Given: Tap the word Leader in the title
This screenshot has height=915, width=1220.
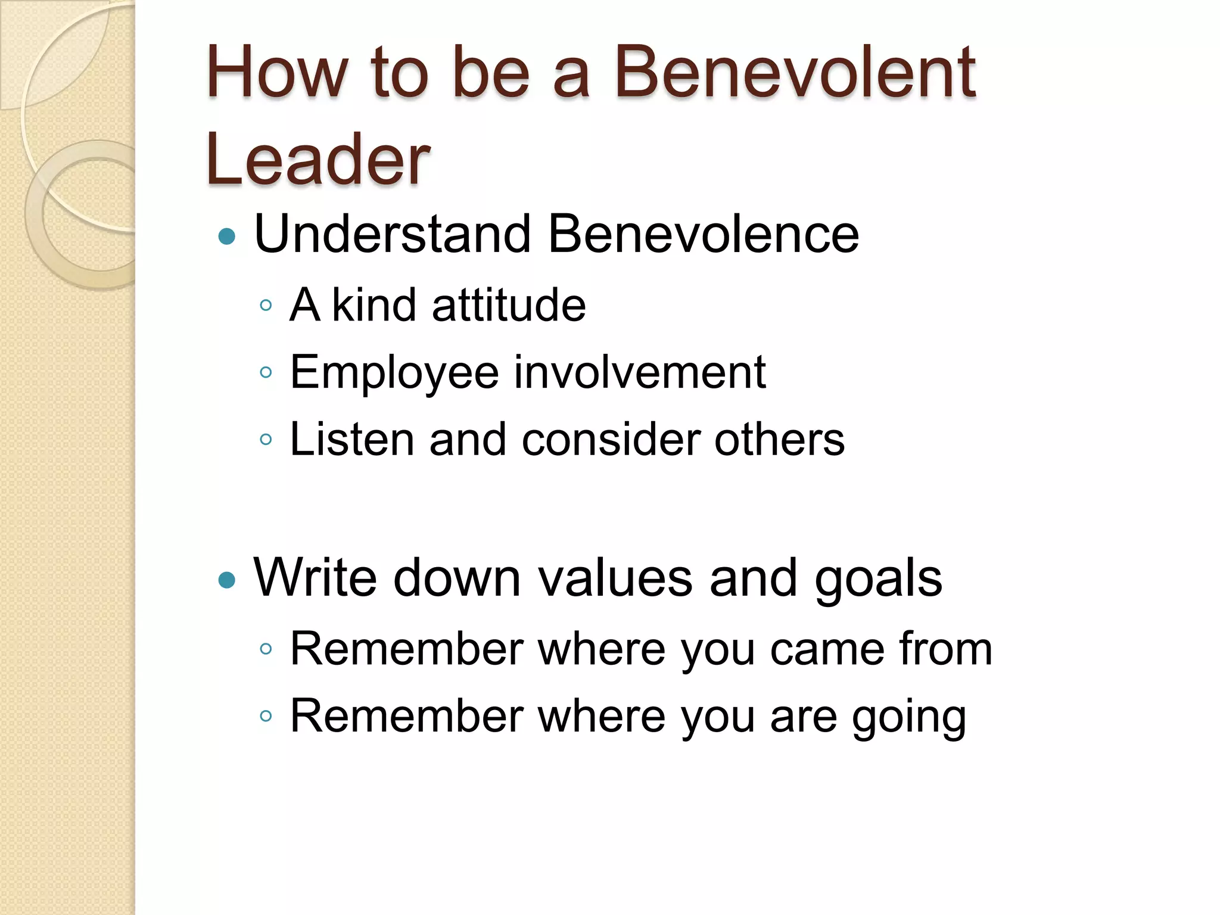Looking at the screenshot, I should tap(318, 160).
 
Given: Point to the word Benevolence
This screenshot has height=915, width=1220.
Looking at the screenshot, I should tap(703, 234).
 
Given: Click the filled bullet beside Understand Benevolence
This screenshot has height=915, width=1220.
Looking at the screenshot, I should tap(227, 237).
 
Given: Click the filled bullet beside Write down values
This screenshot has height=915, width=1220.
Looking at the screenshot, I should tap(227, 580).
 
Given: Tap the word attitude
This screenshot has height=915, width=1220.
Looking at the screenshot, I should tap(509, 305).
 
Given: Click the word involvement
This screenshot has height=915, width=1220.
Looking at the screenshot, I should tap(640, 372).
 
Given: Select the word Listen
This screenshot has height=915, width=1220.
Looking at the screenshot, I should tap(351, 440).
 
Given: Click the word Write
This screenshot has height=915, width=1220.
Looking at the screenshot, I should tap(315, 577).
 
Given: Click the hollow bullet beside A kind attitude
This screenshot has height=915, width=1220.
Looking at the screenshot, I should tap(266, 306).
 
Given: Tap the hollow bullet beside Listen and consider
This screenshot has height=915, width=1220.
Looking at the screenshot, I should tap(266, 440).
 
